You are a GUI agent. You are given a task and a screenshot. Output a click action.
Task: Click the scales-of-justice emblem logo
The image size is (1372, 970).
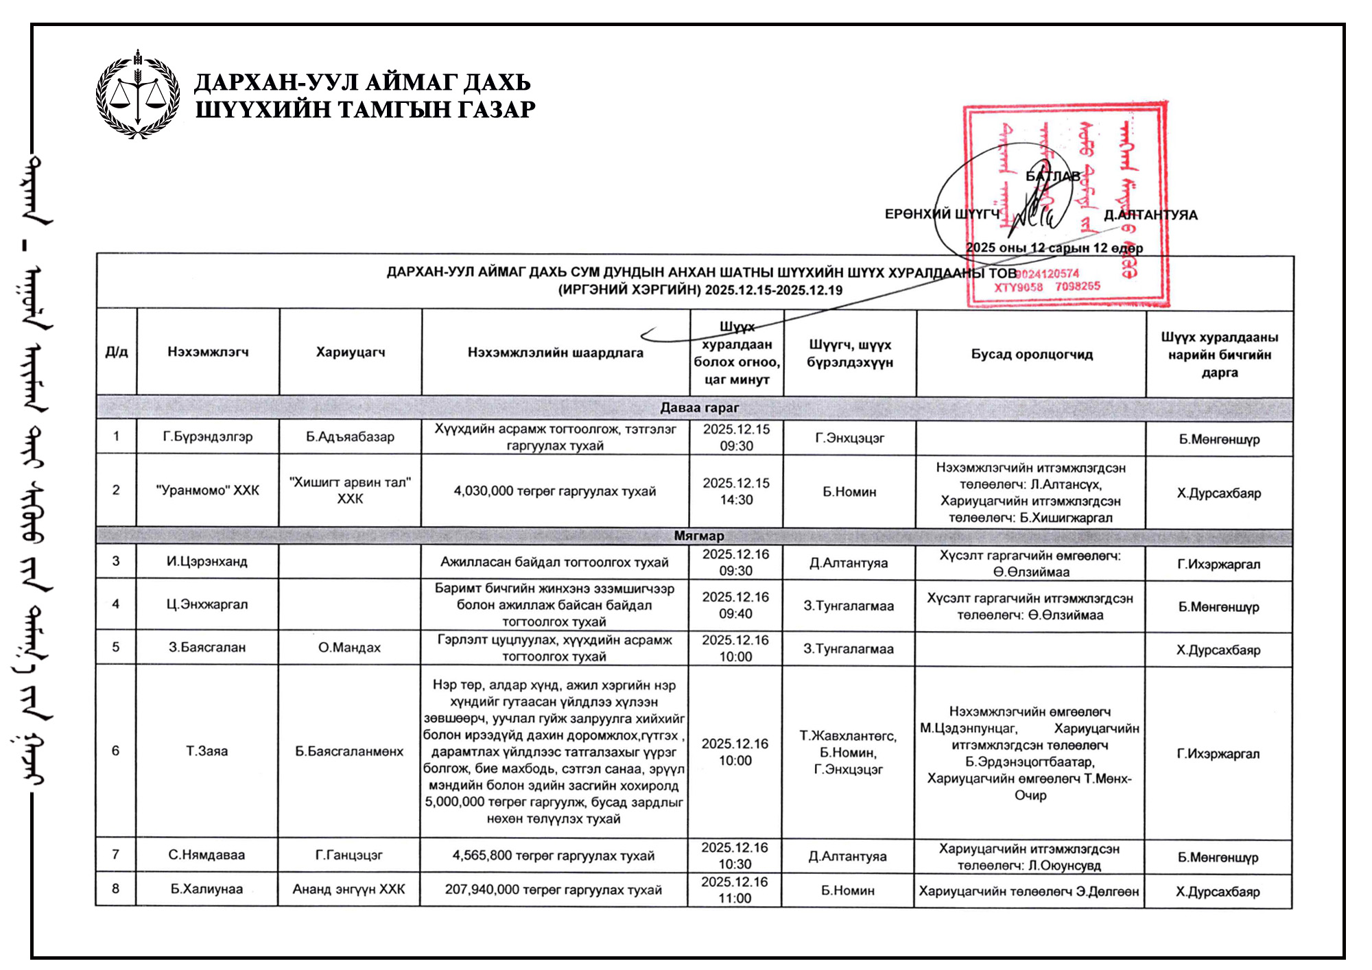[x=138, y=95]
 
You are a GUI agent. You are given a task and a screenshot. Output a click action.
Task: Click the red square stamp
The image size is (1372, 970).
[x=1066, y=204]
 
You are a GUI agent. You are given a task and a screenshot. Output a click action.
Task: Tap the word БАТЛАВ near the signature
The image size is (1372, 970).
[x=1052, y=176]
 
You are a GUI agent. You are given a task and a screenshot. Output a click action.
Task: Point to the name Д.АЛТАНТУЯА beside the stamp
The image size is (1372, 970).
[x=1150, y=215]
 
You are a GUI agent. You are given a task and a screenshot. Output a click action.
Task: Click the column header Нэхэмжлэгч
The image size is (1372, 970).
[x=208, y=352]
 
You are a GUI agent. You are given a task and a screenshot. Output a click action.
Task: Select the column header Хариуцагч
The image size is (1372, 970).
[x=351, y=352]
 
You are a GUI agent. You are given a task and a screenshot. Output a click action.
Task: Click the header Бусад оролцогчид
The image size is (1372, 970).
[x=1032, y=354]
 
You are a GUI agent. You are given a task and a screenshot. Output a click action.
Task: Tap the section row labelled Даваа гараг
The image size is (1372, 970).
[x=699, y=407]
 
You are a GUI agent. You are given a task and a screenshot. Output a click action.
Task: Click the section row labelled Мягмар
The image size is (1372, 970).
[x=698, y=536]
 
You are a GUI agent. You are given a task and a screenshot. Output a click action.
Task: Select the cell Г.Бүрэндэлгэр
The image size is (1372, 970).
[x=208, y=436]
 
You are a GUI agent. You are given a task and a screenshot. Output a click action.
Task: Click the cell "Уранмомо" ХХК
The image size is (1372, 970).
[x=208, y=490]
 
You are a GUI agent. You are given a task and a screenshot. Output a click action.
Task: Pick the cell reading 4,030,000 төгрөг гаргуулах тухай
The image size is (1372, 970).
[x=555, y=491]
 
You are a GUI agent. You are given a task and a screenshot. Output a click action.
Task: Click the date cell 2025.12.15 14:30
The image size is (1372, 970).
[x=736, y=491]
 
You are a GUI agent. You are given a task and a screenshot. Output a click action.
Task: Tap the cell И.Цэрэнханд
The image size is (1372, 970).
[x=207, y=561]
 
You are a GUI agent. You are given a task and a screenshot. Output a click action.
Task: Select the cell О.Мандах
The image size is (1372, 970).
[x=349, y=647]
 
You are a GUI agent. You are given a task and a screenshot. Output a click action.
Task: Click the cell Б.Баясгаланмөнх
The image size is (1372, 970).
[x=349, y=751]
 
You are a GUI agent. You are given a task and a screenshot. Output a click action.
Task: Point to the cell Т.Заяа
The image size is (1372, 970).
[x=207, y=751]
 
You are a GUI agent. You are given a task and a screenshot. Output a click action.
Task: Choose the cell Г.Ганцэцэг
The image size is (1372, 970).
[x=349, y=855]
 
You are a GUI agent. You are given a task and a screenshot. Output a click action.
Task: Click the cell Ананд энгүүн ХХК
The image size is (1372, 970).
[x=349, y=889]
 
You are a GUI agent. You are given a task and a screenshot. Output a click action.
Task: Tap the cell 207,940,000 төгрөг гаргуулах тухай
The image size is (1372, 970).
[x=554, y=890]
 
